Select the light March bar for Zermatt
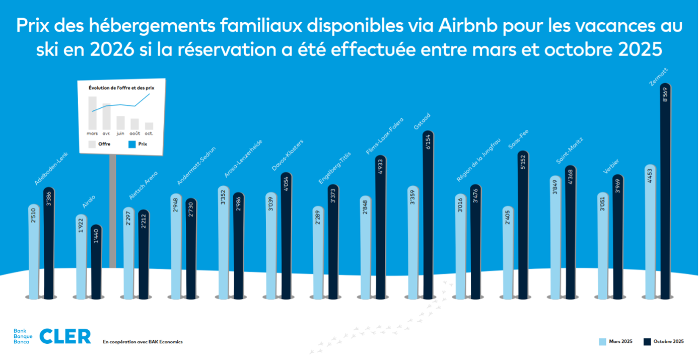(650, 232)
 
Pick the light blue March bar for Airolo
(81, 257)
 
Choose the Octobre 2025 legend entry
(664, 342)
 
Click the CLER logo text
(65, 336)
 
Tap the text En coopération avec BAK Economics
(143, 342)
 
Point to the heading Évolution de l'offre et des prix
(121, 88)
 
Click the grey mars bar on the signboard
(92, 113)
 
